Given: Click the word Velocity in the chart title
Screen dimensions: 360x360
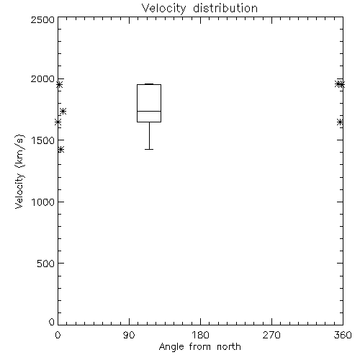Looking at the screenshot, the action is (164, 9).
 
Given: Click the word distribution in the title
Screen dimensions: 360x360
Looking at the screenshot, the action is (225, 8).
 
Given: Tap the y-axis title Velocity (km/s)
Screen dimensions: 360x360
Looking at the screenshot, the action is (19, 171).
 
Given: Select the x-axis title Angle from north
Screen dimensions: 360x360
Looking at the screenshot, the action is (199, 347).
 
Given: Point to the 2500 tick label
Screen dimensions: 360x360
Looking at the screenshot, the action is (42, 19).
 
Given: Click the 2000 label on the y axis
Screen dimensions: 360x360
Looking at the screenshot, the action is (42, 78).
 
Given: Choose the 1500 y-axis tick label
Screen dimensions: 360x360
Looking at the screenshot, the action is (43, 140).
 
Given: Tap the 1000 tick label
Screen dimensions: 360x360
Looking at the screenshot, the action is (43, 202).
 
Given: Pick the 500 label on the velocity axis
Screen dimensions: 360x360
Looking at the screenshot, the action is (46, 264).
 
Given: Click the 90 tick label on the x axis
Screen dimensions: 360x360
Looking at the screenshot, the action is (129, 335).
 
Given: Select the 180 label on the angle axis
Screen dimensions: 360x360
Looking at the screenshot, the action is (200, 335).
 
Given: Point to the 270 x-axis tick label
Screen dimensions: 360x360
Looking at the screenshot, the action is (271, 335).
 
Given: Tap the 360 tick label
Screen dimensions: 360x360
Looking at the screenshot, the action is (343, 335).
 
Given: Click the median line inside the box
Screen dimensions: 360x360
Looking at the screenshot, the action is (149, 111).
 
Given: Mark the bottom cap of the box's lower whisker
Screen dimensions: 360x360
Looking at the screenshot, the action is (149, 149).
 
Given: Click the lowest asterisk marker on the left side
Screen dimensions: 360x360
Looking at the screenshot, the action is (60, 150).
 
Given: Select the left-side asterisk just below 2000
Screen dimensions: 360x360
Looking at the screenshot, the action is (59, 84).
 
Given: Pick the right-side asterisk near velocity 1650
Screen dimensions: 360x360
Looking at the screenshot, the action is (340, 122).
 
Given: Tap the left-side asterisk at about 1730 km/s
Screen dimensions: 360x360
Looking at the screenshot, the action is (63, 111).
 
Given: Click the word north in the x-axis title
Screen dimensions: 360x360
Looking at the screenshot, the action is (229, 347).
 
